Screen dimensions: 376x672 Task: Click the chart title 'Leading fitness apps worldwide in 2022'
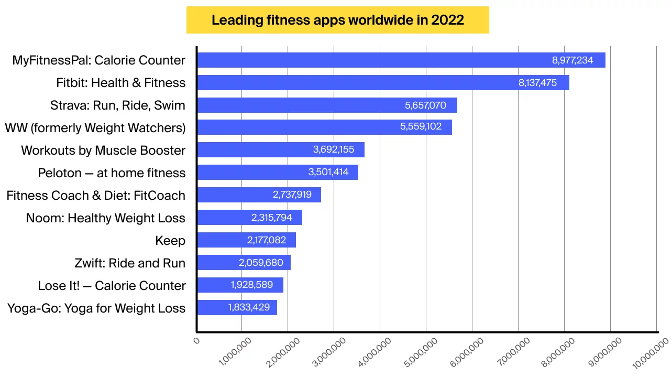[x=337, y=20]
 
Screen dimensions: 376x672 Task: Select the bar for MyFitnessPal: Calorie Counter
[x=367, y=60]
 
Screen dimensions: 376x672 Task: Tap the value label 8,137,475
[x=537, y=83]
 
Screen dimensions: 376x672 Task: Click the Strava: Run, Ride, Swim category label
[x=118, y=105]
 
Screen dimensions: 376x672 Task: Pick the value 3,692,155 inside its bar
[x=334, y=150]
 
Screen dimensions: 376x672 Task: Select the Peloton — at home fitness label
[x=112, y=173]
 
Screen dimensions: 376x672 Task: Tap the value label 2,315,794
[x=272, y=218]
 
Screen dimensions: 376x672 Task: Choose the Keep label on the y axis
[x=170, y=241]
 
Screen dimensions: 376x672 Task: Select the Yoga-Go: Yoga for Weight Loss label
[x=96, y=308]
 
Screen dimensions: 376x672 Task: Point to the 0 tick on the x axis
[x=197, y=341]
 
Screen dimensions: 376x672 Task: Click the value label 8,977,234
[x=572, y=60]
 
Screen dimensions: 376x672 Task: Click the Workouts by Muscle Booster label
[x=103, y=151]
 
